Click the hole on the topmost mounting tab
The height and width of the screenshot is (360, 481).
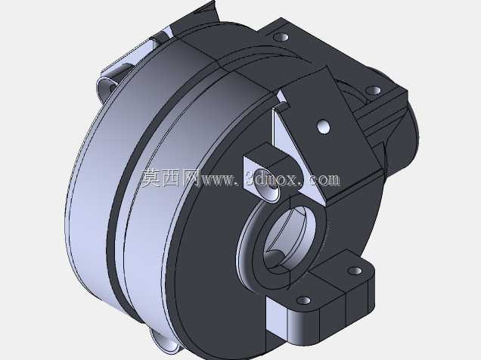pyautogui.click(x=281, y=37)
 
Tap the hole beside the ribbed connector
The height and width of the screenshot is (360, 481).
pyautogui.click(x=374, y=91)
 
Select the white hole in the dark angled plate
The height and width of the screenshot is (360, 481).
pyautogui.click(x=324, y=127)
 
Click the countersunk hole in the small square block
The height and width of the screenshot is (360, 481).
pyautogui.click(x=267, y=185)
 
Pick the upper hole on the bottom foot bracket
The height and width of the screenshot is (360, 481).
pyautogui.click(x=355, y=271)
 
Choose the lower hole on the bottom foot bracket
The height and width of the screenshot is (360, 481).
pyautogui.click(x=304, y=300)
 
